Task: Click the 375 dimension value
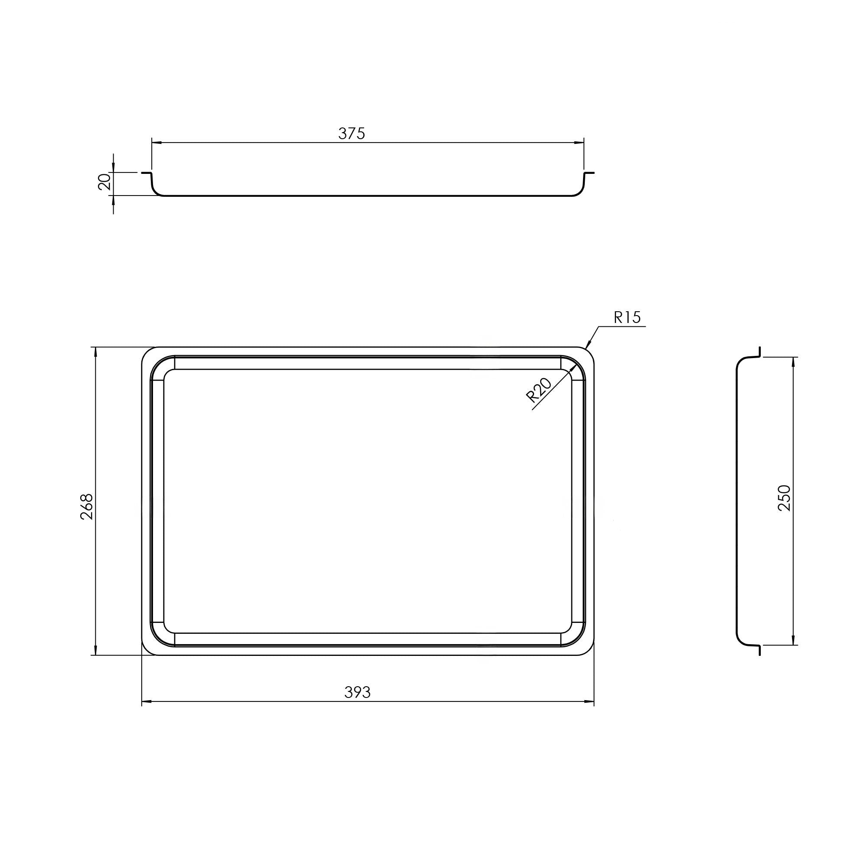point(352,133)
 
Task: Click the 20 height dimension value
point(104,182)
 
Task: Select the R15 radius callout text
point(627,318)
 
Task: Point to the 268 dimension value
point(86,507)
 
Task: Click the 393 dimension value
point(357,692)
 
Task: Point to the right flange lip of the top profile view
point(590,173)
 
